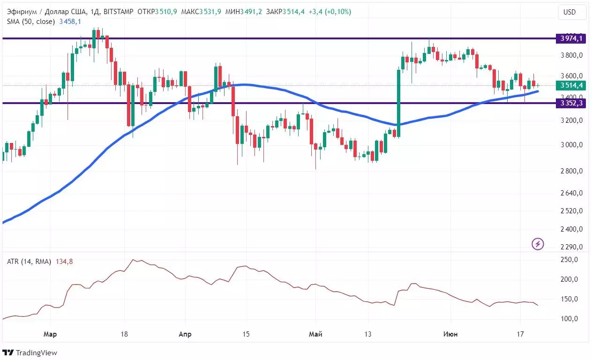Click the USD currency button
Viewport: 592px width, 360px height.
[x=569, y=12]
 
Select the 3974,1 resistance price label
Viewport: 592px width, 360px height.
[x=570, y=38]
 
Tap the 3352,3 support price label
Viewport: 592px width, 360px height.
[x=570, y=103]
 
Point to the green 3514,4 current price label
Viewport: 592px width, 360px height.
[x=570, y=85]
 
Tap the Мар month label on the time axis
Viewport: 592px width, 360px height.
[x=50, y=334]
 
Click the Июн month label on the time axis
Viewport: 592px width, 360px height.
[x=451, y=334]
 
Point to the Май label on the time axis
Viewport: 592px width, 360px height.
[x=315, y=334]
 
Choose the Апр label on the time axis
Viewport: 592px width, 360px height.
[x=185, y=334]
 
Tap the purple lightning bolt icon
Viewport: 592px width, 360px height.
[x=538, y=244]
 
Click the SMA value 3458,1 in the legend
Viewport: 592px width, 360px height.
[x=70, y=22]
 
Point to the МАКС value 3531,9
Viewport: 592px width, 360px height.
[x=211, y=12]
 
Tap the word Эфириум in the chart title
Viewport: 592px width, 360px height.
[x=22, y=12]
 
